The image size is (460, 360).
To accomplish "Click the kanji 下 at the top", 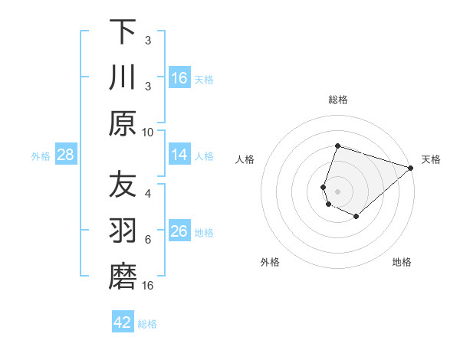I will tap(123, 32).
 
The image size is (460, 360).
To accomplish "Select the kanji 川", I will tap(123, 77).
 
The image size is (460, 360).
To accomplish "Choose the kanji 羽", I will tap(123, 231).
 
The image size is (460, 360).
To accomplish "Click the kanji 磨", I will tap(123, 277).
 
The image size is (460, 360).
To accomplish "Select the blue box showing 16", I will tap(179, 77).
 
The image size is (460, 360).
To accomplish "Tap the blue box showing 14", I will tap(179, 155).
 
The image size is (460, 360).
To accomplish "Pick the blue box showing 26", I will tap(179, 231).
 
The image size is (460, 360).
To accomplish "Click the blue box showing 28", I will tap(66, 155).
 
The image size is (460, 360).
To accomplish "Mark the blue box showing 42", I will tap(123, 322).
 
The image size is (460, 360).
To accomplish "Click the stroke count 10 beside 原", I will tap(148, 131).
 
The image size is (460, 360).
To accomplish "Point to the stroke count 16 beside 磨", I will tap(148, 286).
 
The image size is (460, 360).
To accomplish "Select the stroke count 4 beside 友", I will tap(148, 194).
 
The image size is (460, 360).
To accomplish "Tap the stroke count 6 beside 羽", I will tap(148, 240).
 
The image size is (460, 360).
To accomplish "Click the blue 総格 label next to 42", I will tap(147, 324).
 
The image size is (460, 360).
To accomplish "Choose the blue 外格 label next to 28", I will tap(41, 156).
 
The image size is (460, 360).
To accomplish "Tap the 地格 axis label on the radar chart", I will tap(402, 262).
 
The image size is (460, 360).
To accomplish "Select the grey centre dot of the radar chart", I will tap(337, 190).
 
